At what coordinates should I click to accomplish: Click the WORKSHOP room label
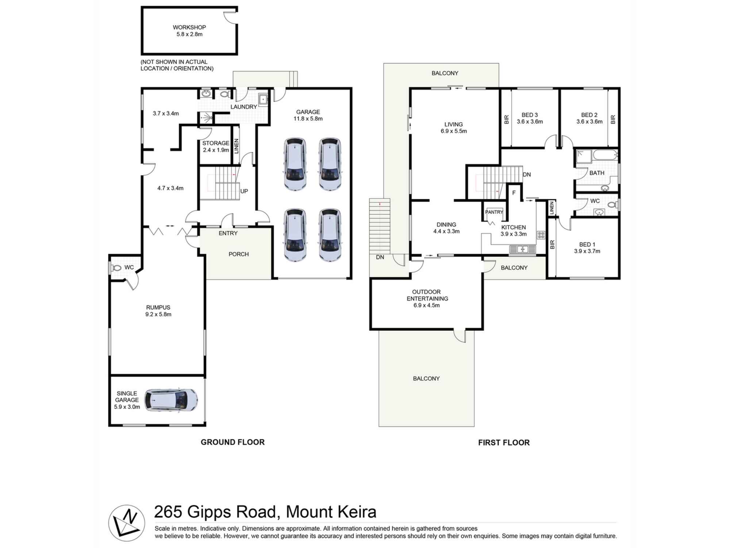tap(189, 27)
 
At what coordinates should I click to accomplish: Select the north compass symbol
tap(126, 523)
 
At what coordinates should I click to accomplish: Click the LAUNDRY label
tap(243, 107)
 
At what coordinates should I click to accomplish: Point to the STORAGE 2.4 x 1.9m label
tap(216, 146)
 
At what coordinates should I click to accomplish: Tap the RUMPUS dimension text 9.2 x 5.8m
tap(158, 314)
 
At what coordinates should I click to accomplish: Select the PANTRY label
tap(494, 212)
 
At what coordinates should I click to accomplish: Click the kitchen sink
tap(522, 250)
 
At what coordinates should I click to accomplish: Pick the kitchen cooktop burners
tap(541, 235)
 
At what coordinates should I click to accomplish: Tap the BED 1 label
tap(587, 244)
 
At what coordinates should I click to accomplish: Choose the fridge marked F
tap(514, 193)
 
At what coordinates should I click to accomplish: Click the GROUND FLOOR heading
tap(233, 442)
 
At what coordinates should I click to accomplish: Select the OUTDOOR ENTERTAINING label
tap(427, 295)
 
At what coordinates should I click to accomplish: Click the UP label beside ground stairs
tap(244, 191)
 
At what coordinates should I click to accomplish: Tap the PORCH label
tap(238, 254)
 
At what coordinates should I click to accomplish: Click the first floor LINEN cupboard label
tap(552, 208)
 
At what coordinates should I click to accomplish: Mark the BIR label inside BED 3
tap(506, 119)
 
